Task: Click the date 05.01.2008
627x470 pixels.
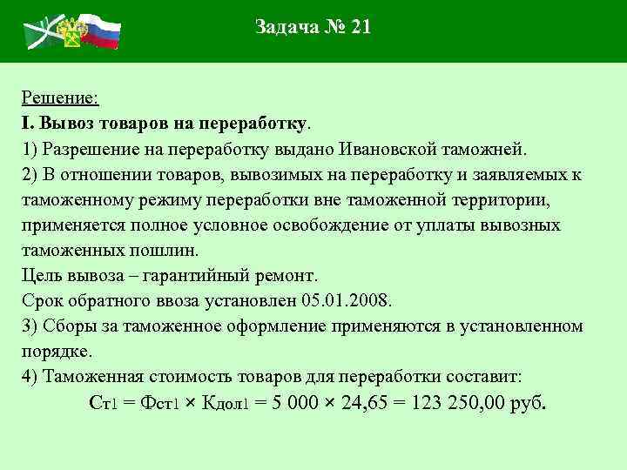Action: tap(347, 300)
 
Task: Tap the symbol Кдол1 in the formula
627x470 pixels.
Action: tap(226, 405)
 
